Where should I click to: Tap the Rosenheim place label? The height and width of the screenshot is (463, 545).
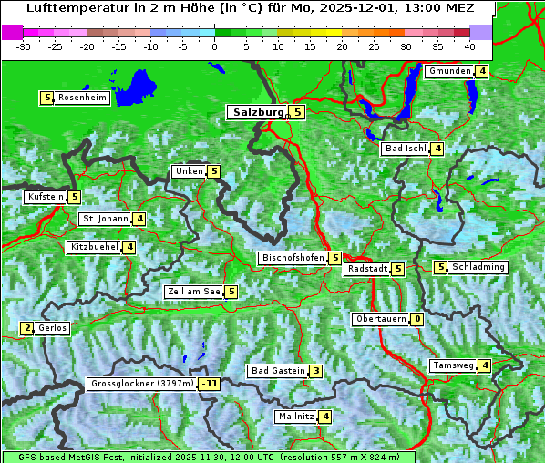click(x=82, y=98)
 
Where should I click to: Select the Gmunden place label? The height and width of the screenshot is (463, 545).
click(x=449, y=71)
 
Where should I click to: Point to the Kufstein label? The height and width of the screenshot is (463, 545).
click(x=46, y=197)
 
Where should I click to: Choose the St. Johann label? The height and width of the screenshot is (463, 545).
click(x=105, y=219)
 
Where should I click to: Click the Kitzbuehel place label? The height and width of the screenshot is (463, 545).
click(x=94, y=247)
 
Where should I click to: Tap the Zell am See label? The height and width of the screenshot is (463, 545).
click(x=194, y=292)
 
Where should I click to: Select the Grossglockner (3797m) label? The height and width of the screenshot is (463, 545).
click(x=142, y=384)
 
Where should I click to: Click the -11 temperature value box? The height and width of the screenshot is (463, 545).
click(x=210, y=384)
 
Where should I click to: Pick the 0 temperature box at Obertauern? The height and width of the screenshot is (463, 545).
click(x=416, y=319)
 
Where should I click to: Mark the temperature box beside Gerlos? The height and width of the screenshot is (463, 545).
click(x=27, y=328)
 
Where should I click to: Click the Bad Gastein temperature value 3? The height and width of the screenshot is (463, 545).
click(x=315, y=371)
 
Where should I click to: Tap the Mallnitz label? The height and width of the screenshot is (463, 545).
click(x=295, y=417)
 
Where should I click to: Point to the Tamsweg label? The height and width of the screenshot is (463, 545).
click(x=453, y=365)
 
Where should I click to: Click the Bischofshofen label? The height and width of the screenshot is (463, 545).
click(x=293, y=259)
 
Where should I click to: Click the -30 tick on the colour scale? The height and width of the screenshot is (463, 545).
click(x=24, y=46)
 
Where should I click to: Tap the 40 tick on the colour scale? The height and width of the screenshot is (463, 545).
click(x=468, y=46)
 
